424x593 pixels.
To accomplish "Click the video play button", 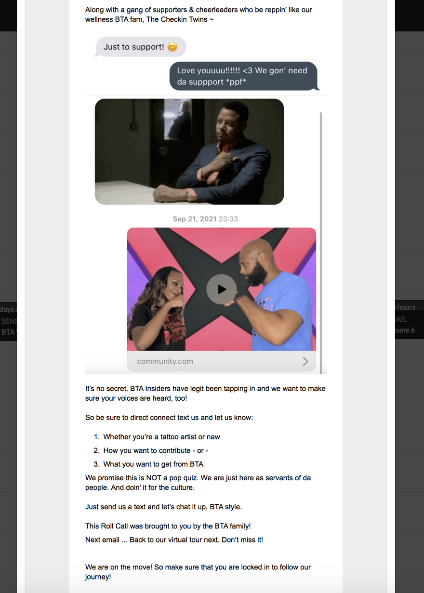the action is tap(222, 289).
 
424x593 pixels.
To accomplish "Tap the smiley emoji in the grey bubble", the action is tap(172, 47).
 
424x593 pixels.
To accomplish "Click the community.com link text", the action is tap(165, 361).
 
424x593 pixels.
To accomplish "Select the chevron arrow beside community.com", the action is tap(305, 361).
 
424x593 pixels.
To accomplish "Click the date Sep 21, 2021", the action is tap(195, 219).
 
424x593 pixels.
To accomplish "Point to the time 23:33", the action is tap(228, 219).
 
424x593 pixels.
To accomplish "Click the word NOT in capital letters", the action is tap(154, 478).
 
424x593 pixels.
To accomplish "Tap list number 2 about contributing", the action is tap(96, 450).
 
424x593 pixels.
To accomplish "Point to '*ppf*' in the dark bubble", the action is tap(236, 82).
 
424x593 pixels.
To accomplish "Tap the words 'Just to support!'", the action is tap(134, 47).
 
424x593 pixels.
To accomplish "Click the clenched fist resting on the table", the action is tap(166, 194).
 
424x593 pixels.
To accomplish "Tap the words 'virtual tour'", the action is tap(188, 540).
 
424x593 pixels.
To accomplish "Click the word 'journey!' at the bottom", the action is tap(98, 577).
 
